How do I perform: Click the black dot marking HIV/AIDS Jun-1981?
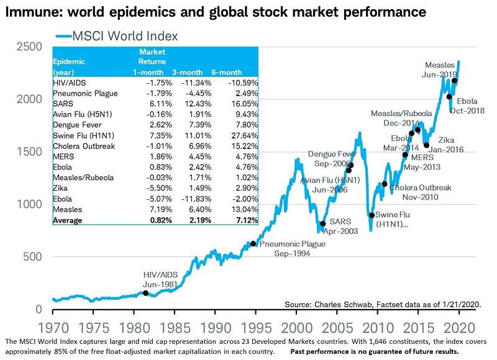pyautogui.click(x=145, y=293)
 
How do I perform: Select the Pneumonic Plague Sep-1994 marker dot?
pyautogui.click(x=253, y=244)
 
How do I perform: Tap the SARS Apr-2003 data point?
pyautogui.click(x=322, y=223)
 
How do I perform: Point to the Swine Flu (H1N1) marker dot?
pyautogui.click(x=372, y=215)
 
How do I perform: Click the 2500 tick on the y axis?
pyautogui.click(x=29, y=47)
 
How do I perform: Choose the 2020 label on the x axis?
pyautogui.click(x=458, y=325)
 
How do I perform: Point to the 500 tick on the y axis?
pyautogui.click(x=33, y=256)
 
